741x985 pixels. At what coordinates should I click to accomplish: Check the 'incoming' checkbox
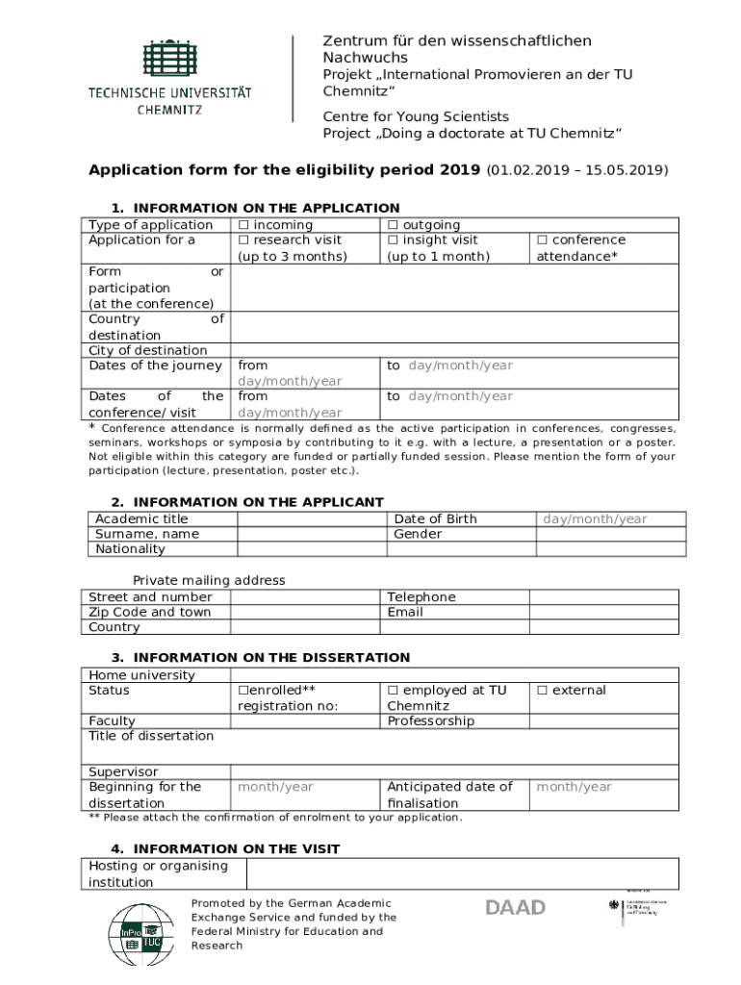tap(243, 225)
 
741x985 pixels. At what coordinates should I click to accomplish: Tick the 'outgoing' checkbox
tap(393, 225)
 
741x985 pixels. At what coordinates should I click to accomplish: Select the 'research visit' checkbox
tap(243, 240)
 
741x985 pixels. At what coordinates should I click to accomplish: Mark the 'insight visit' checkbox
tap(393, 240)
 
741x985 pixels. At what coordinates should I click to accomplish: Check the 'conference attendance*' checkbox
tap(542, 240)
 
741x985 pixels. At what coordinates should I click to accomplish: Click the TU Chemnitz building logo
tap(170, 61)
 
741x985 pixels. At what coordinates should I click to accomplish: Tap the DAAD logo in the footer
tap(515, 908)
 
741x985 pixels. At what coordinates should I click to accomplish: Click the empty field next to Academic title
tap(312, 519)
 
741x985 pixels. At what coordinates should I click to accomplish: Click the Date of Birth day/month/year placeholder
tap(595, 519)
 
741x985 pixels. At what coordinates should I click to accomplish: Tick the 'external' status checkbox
tap(542, 691)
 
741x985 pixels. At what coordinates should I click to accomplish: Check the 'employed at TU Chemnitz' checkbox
tap(393, 691)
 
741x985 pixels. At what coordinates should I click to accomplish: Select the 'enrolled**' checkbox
tap(243, 691)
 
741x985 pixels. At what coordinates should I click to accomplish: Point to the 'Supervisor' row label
tap(123, 772)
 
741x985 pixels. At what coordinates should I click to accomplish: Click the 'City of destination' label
tap(147, 350)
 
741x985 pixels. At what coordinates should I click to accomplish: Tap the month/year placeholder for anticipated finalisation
tap(574, 787)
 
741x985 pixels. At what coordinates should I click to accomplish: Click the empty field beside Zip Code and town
tap(304, 612)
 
